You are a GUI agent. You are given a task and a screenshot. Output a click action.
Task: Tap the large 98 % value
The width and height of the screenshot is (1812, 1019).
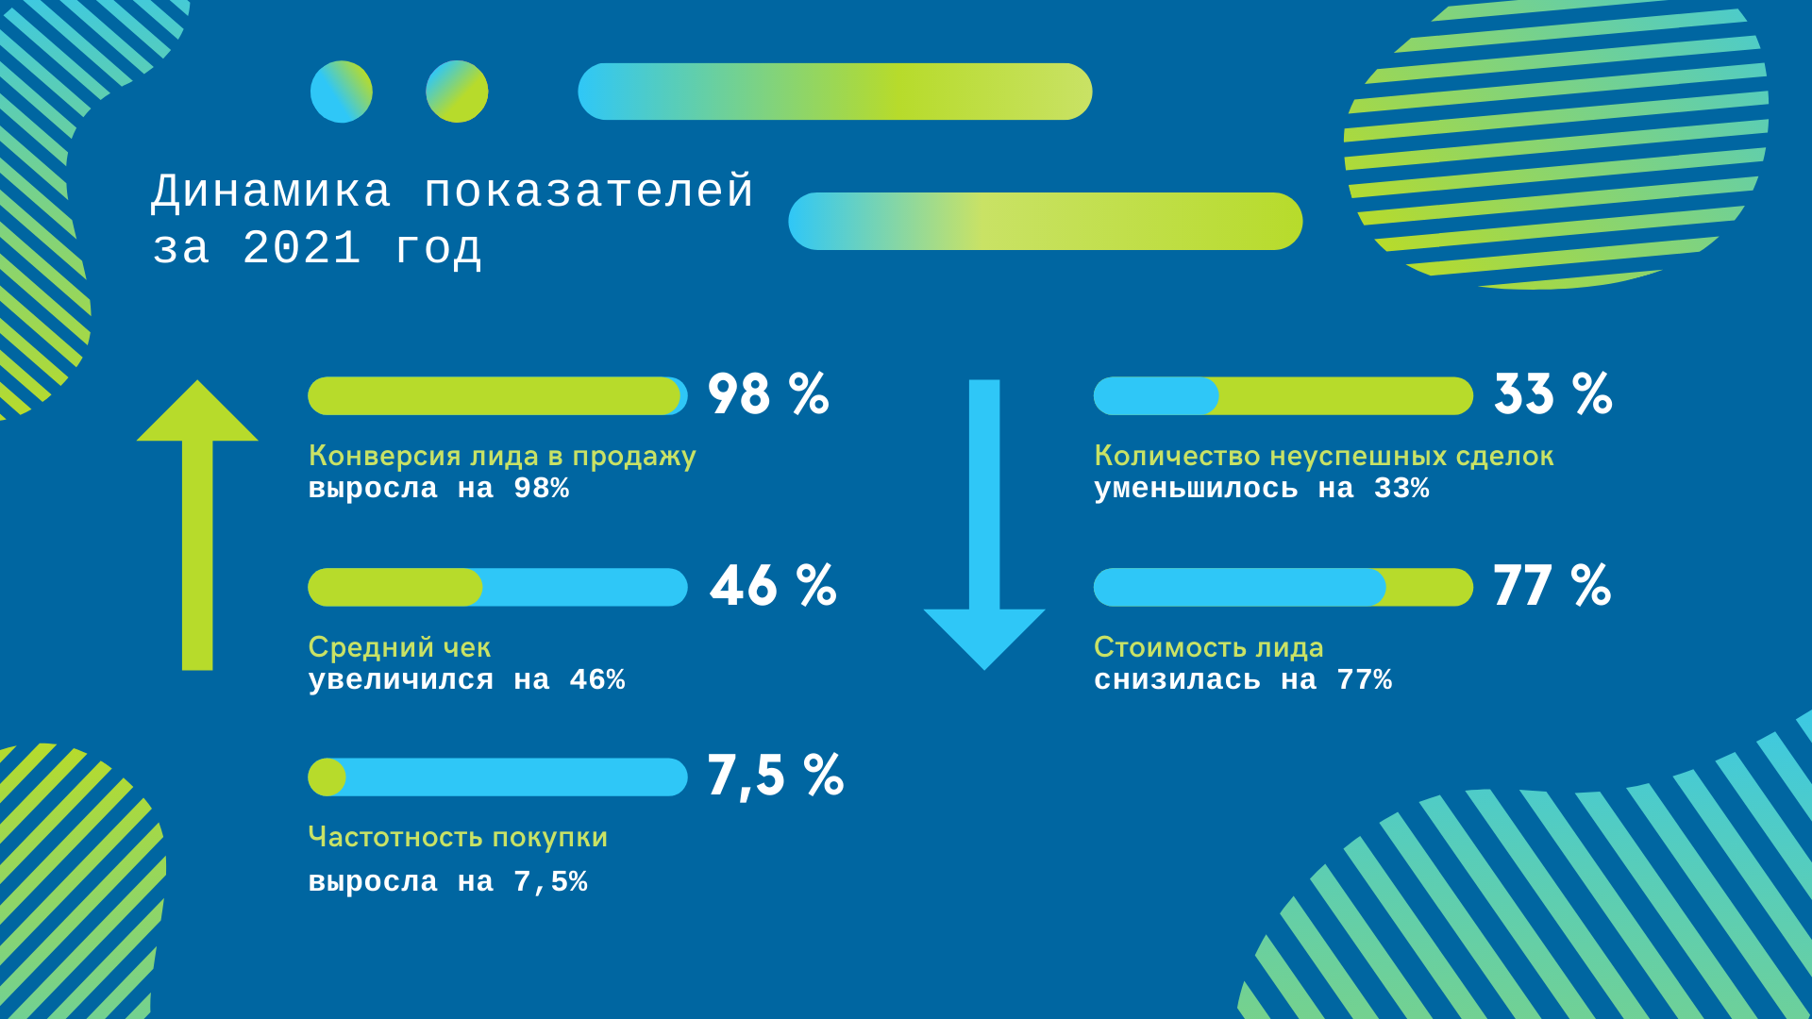(768, 393)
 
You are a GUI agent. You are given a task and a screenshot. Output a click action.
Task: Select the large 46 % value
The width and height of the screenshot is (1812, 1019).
(773, 585)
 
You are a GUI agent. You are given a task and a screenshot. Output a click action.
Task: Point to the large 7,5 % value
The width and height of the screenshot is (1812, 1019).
(775, 777)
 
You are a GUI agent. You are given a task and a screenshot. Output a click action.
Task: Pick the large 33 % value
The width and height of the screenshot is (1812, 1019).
(1553, 393)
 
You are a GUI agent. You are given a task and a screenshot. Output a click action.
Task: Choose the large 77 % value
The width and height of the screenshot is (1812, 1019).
(1552, 585)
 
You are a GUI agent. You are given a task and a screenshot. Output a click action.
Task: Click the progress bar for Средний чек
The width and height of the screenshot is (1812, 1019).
(497, 587)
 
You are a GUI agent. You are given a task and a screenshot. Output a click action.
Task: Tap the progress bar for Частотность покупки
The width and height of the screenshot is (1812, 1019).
(497, 777)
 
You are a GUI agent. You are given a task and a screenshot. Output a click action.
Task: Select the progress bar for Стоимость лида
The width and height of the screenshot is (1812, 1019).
(1283, 587)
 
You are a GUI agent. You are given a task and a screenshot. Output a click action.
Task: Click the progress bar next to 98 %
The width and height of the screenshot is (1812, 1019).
(497, 396)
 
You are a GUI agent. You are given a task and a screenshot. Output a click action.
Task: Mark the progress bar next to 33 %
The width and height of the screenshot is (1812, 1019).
(1283, 396)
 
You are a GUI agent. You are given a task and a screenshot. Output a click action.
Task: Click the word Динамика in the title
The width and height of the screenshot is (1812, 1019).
(271, 192)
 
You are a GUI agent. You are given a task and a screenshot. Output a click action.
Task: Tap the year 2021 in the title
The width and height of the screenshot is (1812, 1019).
(302, 248)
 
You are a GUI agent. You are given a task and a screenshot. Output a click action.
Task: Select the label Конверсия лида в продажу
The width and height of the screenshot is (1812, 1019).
(502, 457)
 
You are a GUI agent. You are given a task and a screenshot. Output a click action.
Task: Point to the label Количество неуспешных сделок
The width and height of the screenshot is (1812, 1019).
(1324, 457)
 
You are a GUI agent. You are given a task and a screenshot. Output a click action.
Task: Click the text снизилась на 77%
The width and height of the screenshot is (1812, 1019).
(1243, 679)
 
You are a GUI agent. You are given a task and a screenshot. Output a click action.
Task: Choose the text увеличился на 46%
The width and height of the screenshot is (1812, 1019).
(466, 679)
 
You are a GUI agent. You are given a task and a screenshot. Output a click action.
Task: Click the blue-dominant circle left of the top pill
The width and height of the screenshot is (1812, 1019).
(342, 92)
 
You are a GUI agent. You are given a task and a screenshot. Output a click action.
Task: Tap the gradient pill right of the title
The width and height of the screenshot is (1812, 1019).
(1046, 221)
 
